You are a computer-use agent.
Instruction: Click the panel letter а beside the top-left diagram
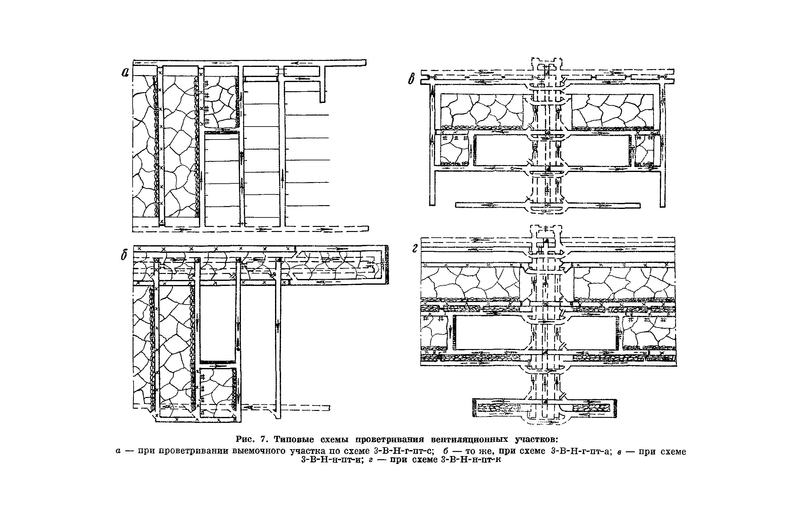click(125, 72)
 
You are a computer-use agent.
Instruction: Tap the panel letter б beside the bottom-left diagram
click(124, 256)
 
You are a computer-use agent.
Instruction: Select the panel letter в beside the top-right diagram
click(411, 79)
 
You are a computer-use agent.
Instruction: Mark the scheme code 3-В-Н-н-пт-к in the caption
click(471, 460)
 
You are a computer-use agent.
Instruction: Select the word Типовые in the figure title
click(294, 440)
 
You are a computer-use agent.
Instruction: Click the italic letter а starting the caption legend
click(118, 451)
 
